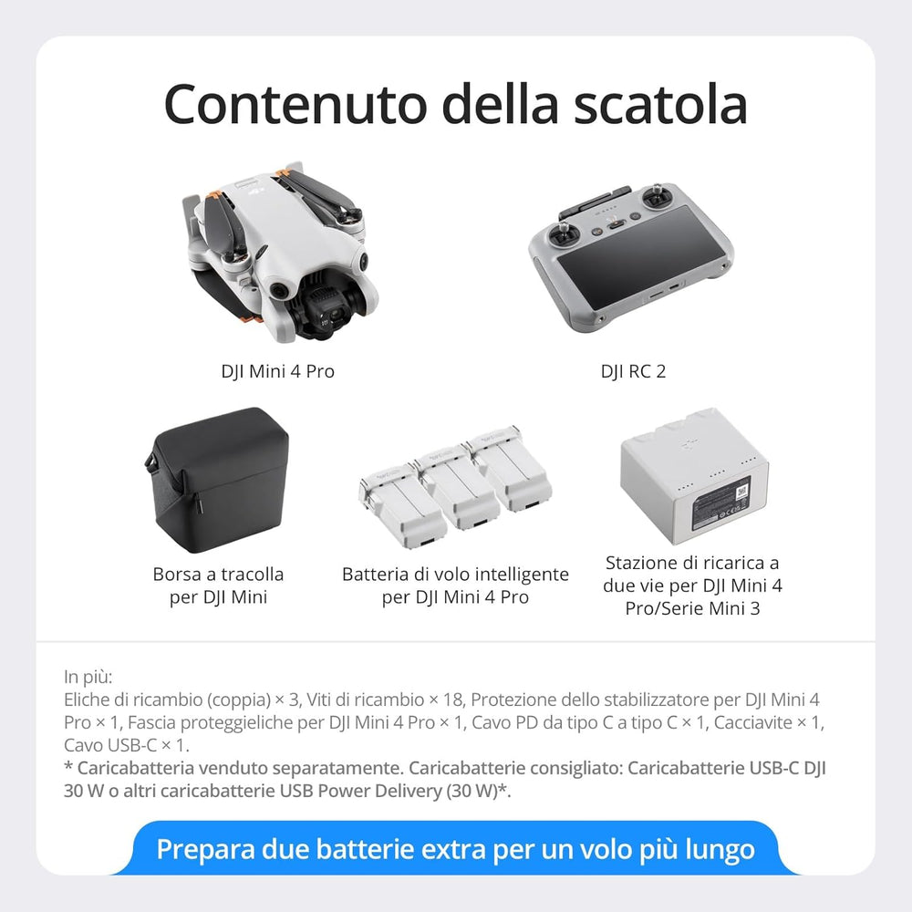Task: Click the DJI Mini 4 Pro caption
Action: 277,371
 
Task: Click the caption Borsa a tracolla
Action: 218,575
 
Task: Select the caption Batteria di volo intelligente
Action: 455,575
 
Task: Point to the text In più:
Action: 88,677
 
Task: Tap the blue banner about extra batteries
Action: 455,849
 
